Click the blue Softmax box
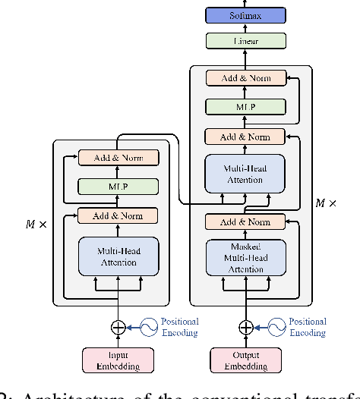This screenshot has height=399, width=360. point(245,15)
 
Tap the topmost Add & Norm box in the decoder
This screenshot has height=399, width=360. point(245,78)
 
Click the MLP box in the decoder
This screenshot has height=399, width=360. point(245,107)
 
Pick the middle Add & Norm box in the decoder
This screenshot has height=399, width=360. point(245,137)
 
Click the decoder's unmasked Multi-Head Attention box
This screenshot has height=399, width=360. point(245,174)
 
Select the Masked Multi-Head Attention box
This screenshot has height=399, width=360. point(245,257)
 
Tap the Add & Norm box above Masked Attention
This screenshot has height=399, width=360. point(245,221)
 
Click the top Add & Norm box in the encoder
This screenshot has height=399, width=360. point(118,158)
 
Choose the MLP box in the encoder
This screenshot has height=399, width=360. point(118,187)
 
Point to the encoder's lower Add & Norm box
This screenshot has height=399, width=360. point(118,215)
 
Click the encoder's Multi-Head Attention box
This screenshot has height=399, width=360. point(118,256)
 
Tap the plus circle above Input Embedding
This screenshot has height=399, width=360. point(118,327)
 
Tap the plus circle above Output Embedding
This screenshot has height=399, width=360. point(245,327)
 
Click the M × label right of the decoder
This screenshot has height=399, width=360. point(327,203)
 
